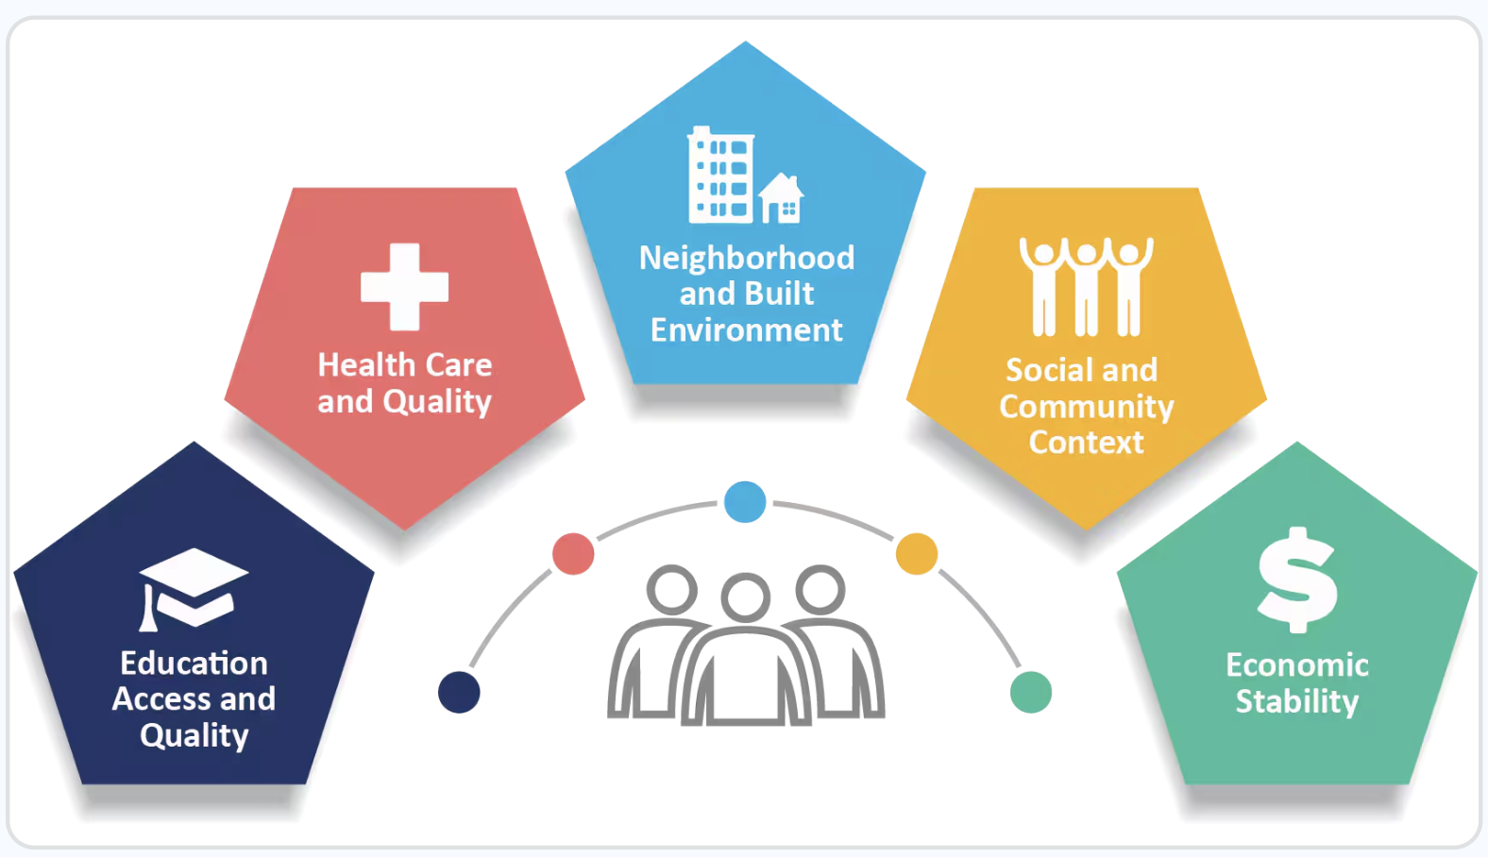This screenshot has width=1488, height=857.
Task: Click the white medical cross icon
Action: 404,287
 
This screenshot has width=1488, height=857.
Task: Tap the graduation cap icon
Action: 194,589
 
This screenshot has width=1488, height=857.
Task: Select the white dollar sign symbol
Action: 1296,580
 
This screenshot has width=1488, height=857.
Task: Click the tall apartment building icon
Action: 720,175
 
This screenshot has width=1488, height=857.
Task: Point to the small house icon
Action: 781,198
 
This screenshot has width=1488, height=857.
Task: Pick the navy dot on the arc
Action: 459,693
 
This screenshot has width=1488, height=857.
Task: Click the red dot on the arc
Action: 573,554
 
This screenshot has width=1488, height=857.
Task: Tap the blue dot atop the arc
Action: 745,502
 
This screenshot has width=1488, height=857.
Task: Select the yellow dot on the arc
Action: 917,554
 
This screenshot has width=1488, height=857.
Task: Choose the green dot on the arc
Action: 1031,693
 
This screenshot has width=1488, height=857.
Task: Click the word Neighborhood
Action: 747,259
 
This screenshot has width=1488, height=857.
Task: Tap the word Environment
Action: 747,330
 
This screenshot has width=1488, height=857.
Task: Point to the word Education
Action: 194,664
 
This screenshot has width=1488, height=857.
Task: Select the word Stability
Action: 1297,701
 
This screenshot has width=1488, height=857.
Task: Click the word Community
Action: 1087,407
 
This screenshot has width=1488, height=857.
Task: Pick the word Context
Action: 1087,442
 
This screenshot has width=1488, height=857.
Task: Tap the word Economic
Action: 1297,665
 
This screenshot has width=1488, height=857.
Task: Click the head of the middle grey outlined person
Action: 745,597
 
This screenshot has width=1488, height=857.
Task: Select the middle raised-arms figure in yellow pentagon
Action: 1087,287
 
